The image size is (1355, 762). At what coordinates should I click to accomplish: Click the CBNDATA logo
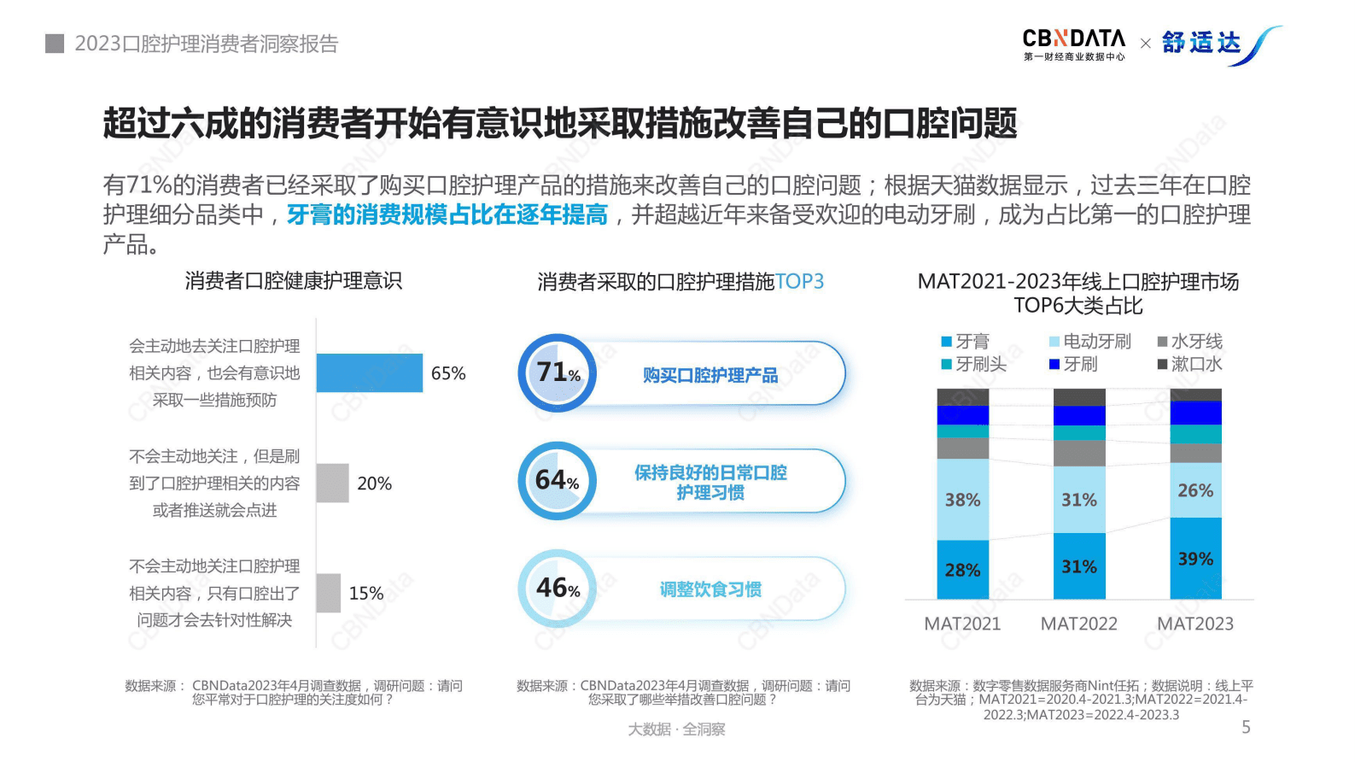coord(1074,44)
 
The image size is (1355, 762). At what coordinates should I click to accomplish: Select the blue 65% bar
coord(369,373)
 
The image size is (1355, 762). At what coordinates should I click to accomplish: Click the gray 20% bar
coord(332,483)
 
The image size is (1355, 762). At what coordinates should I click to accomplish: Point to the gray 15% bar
coord(328,593)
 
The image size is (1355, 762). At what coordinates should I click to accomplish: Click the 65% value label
coord(448,373)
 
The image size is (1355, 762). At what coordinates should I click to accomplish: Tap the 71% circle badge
coord(557,372)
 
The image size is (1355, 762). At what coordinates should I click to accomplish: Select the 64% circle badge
coord(557,481)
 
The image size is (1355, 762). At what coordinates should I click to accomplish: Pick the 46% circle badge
coord(557,589)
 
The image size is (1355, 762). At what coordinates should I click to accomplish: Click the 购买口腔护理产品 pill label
coord(710,375)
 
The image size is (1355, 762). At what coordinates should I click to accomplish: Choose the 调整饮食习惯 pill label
coord(710,589)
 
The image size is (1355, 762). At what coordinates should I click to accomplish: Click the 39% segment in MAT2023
coord(1195,559)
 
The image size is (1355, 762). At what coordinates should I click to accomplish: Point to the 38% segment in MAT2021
coord(962,500)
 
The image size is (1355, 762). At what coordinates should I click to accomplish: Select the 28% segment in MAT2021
coord(962,570)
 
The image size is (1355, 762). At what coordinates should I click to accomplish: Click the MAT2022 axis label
coord(1078,624)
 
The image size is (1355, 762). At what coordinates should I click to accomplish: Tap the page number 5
coord(1246,727)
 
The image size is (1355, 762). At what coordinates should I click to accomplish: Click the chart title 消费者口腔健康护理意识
coord(293,281)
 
